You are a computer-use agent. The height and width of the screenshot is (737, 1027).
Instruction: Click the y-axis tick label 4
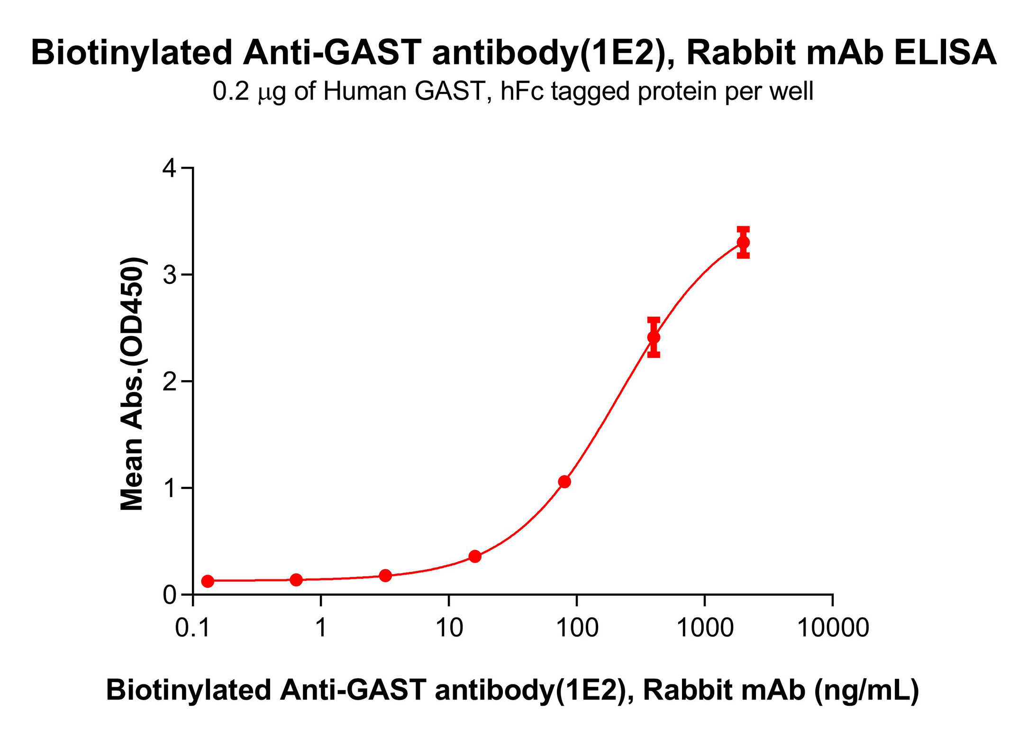tap(169, 168)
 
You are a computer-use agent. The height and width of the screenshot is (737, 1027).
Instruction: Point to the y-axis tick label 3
tap(169, 275)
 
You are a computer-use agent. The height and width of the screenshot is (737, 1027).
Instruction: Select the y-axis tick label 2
tap(169, 382)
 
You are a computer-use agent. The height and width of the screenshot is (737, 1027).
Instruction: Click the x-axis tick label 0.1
tap(192, 628)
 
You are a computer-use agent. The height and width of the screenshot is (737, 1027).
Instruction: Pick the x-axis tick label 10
tap(449, 628)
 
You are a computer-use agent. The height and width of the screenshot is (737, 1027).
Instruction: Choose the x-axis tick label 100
tap(577, 628)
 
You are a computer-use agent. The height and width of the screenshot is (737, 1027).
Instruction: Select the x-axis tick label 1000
tap(705, 628)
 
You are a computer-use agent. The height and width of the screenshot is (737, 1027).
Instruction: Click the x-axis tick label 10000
tap(833, 628)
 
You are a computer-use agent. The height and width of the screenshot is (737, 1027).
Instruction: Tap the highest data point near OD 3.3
tap(743, 243)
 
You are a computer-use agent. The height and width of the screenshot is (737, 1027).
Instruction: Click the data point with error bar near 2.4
tap(654, 337)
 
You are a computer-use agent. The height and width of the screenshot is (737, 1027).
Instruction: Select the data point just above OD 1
tap(564, 482)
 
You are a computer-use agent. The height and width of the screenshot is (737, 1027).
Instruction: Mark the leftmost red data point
tap(208, 581)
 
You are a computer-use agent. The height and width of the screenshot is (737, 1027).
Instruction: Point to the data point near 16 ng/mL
tap(475, 556)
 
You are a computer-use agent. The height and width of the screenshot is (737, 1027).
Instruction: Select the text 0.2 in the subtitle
tap(230, 91)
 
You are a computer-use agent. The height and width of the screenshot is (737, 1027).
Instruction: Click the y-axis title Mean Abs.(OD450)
tap(132, 384)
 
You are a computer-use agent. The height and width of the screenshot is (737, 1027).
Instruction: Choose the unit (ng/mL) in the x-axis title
tap(867, 690)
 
